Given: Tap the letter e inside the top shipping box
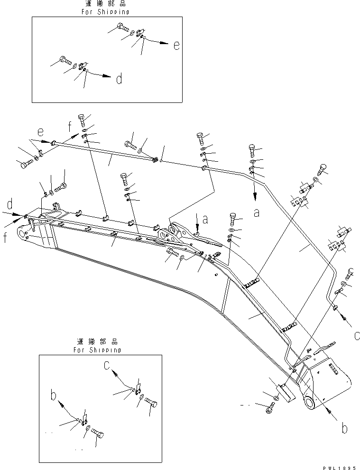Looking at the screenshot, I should point(176,46).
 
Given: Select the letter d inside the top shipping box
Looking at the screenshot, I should point(119,79).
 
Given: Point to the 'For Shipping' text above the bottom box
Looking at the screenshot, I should point(97,350).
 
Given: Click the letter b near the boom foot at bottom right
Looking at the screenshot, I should point(345,428).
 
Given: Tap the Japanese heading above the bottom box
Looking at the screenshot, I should point(97,342).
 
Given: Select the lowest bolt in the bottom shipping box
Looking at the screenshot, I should point(98,433).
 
